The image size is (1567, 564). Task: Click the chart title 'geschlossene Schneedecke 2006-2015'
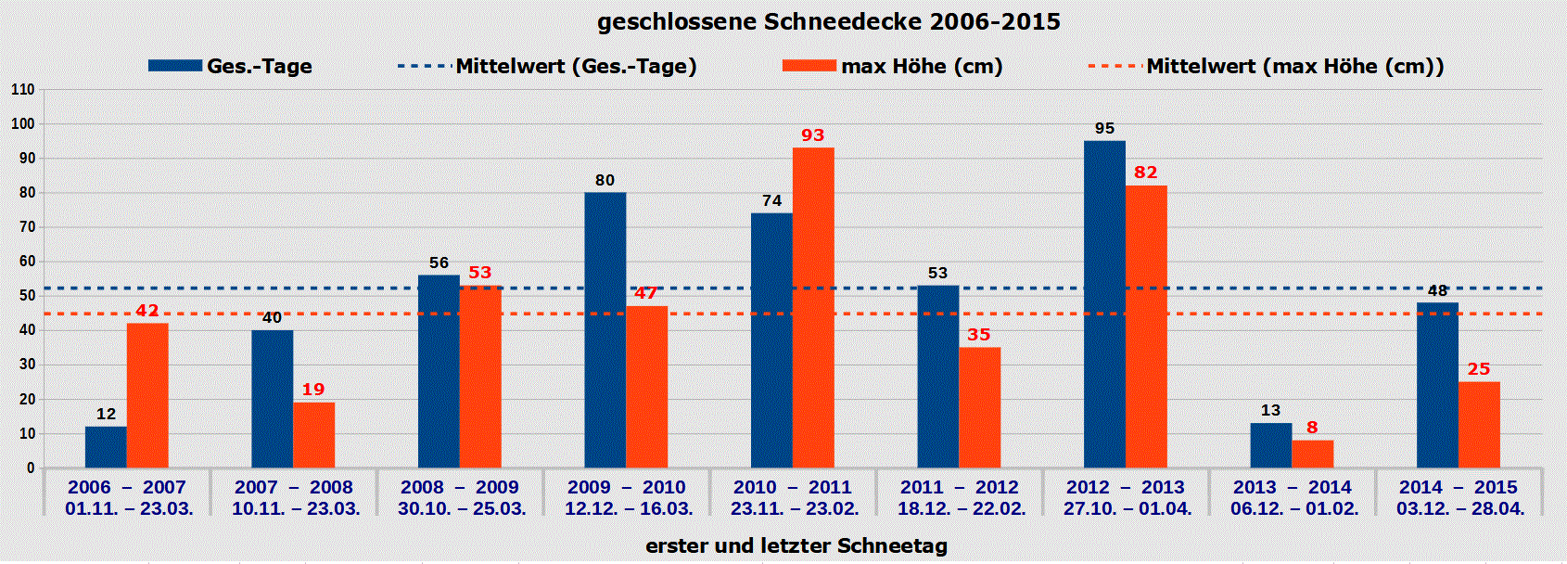point(828,22)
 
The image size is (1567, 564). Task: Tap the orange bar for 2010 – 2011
point(813,307)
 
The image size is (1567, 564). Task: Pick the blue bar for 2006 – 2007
point(106,447)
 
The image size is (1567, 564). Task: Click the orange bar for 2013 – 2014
point(1312,454)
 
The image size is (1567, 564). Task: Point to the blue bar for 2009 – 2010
point(605,329)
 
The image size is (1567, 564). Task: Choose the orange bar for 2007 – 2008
point(313,435)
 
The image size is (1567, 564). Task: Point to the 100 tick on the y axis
point(22,124)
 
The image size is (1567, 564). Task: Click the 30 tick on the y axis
point(26,365)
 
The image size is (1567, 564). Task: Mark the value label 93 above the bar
point(812,135)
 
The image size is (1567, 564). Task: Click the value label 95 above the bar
point(1104,128)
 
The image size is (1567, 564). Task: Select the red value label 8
point(1311,428)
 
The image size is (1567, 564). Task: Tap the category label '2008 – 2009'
point(460,487)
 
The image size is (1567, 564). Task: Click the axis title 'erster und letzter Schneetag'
point(796,545)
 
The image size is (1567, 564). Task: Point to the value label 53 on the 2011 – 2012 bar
point(937,273)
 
